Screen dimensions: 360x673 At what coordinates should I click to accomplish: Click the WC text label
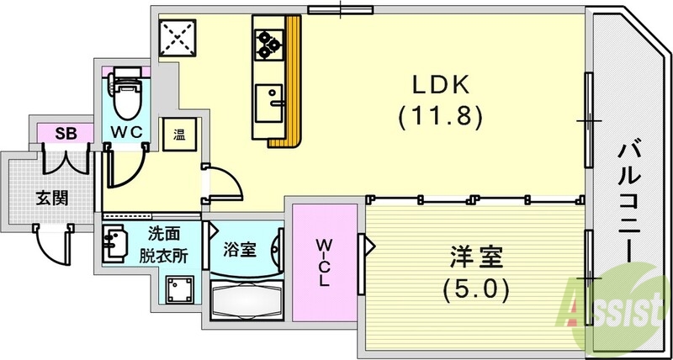point(128,131)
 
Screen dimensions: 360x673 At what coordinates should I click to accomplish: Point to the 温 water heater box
point(180,133)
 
